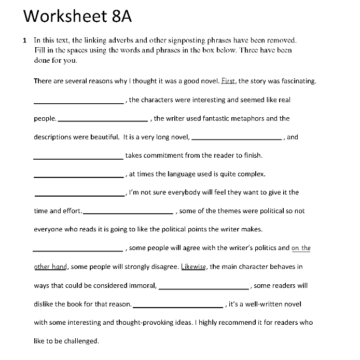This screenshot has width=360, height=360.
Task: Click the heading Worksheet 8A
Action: pyautogui.click(x=78, y=16)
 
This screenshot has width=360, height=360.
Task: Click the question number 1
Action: pyautogui.click(x=24, y=40)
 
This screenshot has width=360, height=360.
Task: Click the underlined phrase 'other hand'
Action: pyautogui.click(x=50, y=267)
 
